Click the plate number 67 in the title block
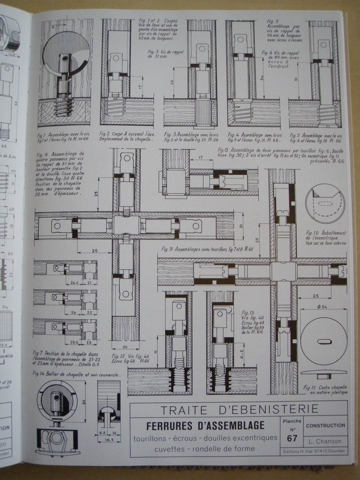tap(292, 438)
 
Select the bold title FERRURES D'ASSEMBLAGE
tap(206, 425)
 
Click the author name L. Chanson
tap(325, 441)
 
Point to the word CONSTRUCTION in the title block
tap(325, 425)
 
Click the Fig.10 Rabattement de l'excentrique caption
tap(326, 238)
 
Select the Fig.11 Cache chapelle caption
tap(325, 390)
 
